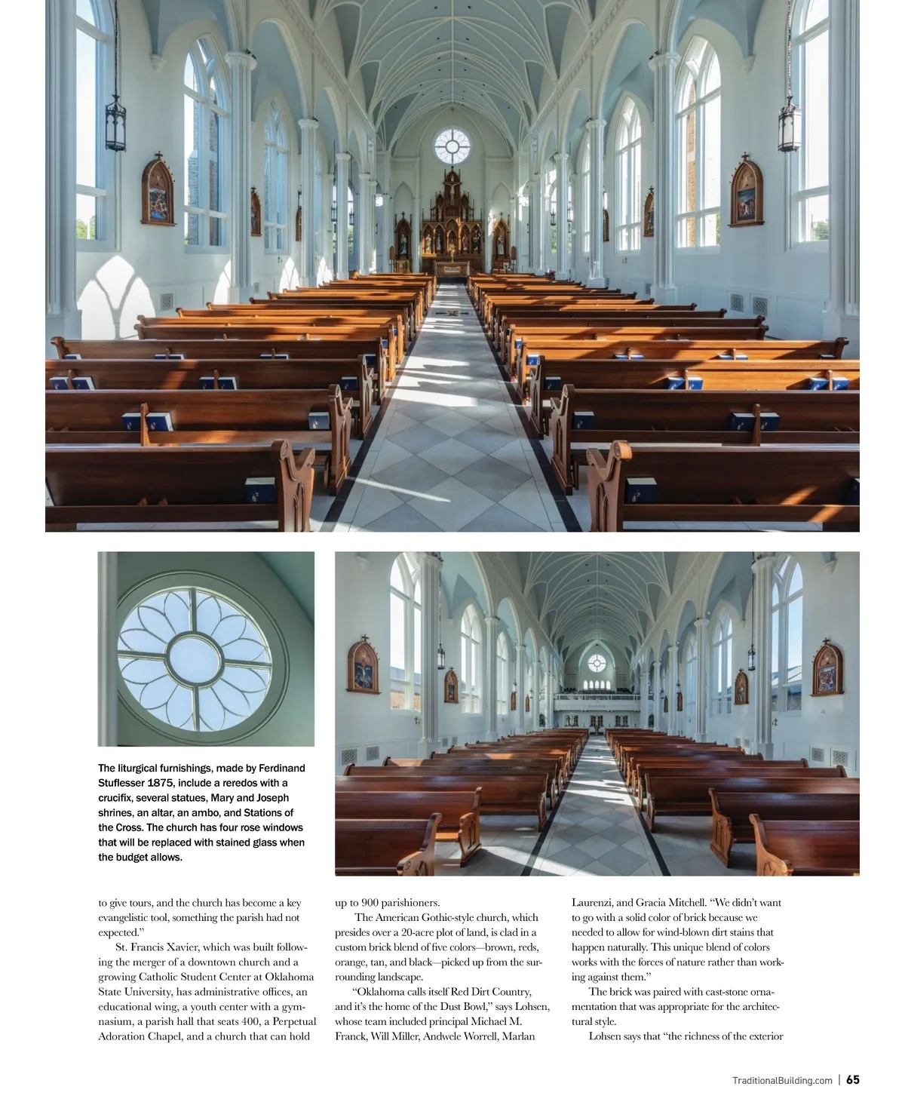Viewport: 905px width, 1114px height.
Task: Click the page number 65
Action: pyautogui.click(x=852, y=1079)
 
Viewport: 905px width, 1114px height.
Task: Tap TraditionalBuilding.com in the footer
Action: pyautogui.click(x=782, y=1080)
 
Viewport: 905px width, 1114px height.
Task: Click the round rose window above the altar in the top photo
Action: pyautogui.click(x=452, y=146)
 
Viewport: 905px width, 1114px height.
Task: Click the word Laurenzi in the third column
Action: pyautogui.click(x=593, y=903)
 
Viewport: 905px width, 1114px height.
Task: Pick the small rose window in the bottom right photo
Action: pyautogui.click(x=597, y=664)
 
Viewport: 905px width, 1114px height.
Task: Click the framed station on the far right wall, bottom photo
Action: pyautogui.click(x=827, y=667)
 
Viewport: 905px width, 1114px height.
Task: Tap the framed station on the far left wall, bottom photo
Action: pyautogui.click(x=364, y=666)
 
